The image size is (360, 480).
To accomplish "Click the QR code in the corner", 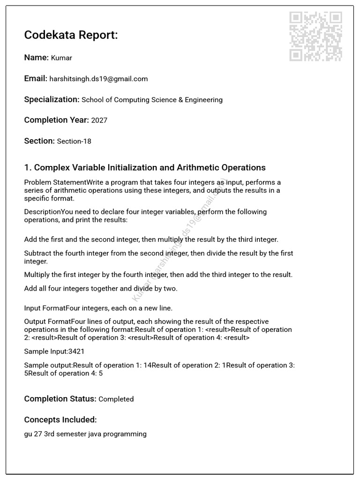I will tap(315, 37).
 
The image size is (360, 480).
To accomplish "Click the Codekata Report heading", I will tap(71, 35).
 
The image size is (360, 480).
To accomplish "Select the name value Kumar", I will tap(61, 58).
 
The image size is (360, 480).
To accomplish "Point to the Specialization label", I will tap(52, 99).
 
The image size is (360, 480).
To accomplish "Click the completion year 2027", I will tap(99, 120).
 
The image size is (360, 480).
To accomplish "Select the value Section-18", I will tap(74, 141).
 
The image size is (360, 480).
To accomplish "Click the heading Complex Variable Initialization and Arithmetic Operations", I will tap(145, 168).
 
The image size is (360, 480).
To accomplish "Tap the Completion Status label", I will tap(60, 399).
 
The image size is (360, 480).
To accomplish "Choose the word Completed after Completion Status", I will tap(116, 399).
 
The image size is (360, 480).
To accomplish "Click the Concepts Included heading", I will tap(60, 420).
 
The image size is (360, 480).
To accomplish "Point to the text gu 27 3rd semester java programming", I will tap(85, 434).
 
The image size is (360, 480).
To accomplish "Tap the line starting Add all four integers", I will tap(101, 289).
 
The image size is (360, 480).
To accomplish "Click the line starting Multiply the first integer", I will tap(158, 275).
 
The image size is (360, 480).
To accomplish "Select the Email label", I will tap(36, 79).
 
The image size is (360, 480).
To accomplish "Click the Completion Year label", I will tap(56, 120).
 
